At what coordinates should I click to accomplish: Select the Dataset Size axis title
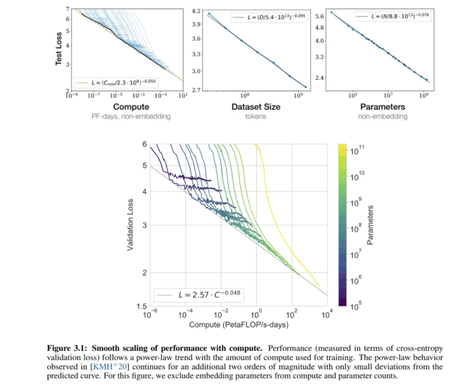point(256,107)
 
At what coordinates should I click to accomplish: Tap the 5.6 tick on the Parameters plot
point(320,16)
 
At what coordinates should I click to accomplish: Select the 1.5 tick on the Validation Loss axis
point(141,306)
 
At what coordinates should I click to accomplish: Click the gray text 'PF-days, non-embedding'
point(131,116)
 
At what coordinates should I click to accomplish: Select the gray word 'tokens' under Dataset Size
point(256,116)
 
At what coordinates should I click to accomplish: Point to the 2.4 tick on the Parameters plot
point(320,78)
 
